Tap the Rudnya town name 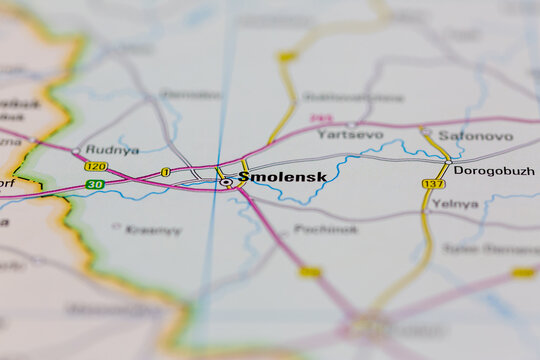pyautogui.click(x=112, y=150)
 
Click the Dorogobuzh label pyautogui.click(x=494, y=171)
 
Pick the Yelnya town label pyautogui.click(x=455, y=203)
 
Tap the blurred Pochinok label pyautogui.click(x=326, y=229)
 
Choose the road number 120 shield pyautogui.click(x=95, y=166)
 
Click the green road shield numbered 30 pyautogui.click(x=94, y=185)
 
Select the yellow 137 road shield pyautogui.click(x=433, y=184)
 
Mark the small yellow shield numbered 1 pyautogui.click(x=166, y=172)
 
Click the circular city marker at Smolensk pyautogui.click(x=226, y=182)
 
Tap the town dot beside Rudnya pyautogui.click(x=77, y=151)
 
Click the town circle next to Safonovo pyautogui.click(x=426, y=131)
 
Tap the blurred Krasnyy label pyautogui.click(x=154, y=230)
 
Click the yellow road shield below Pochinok pyautogui.click(x=310, y=271)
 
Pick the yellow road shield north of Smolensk pyautogui.click(x=288, y=57)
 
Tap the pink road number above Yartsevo pyautogui.click(x=321, y=118)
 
